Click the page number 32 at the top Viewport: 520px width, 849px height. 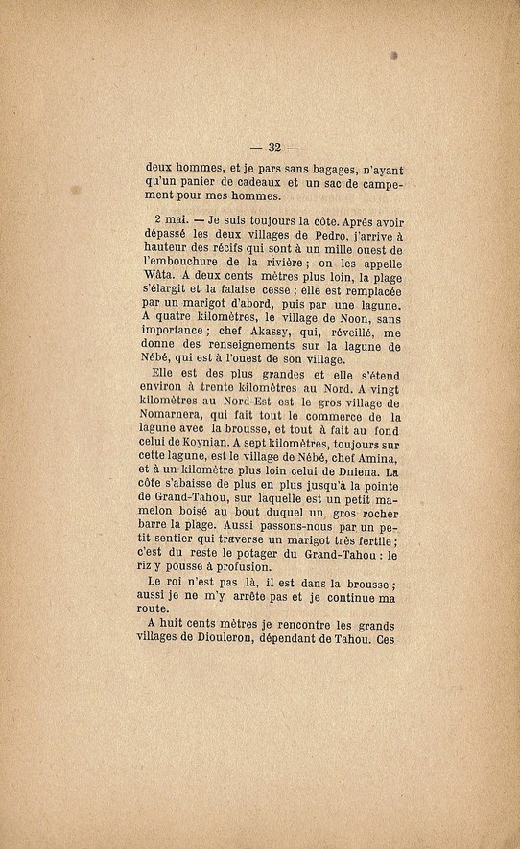pyautogui.click(x=273, y=147)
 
